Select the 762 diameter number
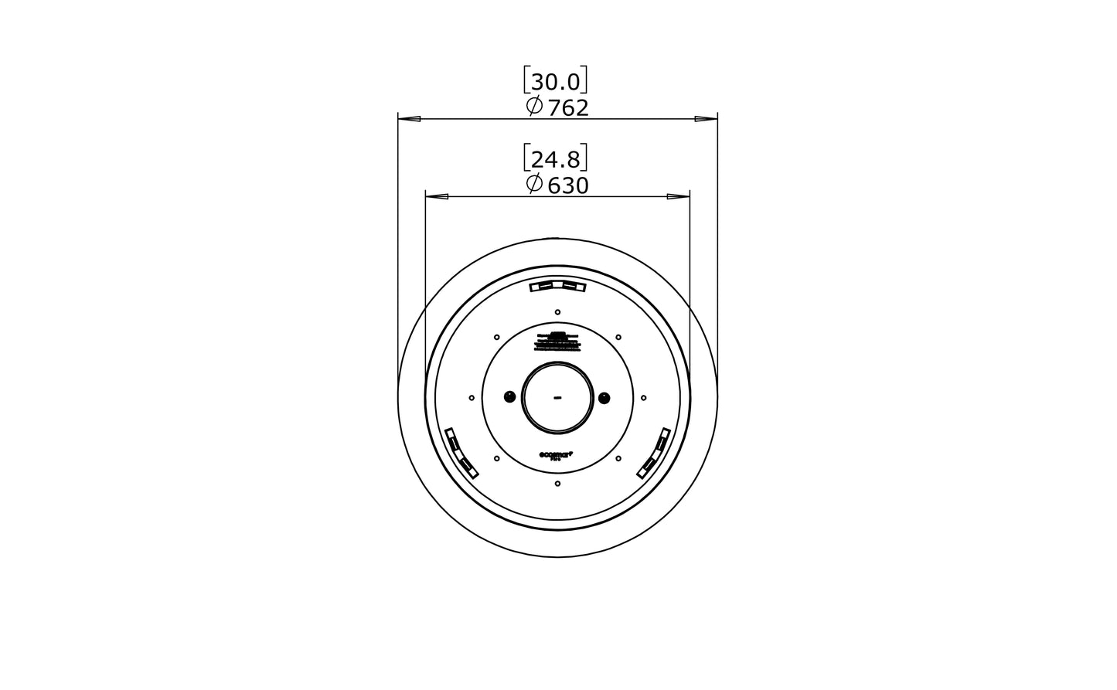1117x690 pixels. pyautogui.click(x=568, y=108)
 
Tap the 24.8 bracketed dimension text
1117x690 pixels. pyautogui.click(x=557, y=159)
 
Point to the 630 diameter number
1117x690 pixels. pyautogui.click(x=568, y=185)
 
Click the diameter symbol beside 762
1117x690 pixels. pyautogui.click(x=533, y=107)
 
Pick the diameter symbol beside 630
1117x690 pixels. pyautogui.click(x=533, y=184)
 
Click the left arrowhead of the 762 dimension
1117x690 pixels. pyautogui.click(x=409, y=119)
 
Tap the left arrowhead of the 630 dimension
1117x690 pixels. pyautogui.click(x=437, y=196)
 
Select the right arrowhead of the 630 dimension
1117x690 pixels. pyautogui.click(x=679, y=196)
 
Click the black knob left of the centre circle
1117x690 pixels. pyautogui.click(x=509, y=397)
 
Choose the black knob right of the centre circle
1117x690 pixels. pyautogui.click(x=604, y=397)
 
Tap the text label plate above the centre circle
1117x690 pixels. pyautogui.click(x=557, y=341)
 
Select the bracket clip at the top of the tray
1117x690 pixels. pyautogui.click(x=557, y=287)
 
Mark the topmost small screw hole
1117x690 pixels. pyautogui.click(x=557, y=311)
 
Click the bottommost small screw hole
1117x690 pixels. pyautogui.click(x=557, y=484)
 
